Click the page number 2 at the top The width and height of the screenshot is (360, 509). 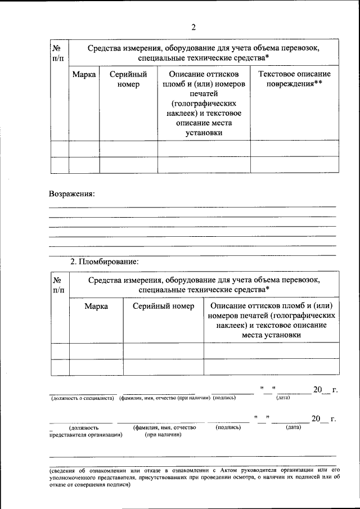[x=193, y=26]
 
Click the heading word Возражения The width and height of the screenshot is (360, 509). [x=71, y=193]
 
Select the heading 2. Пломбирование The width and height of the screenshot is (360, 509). [x=103, y=262]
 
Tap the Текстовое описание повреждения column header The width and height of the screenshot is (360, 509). [x=294, y=79]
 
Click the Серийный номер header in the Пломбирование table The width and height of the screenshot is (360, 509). [x=163, y=306]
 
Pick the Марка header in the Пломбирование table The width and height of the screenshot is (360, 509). [x=96, y=306]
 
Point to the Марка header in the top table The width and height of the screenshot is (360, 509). [x=84, y=74]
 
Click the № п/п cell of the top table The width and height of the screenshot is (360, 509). [x=59, y=53]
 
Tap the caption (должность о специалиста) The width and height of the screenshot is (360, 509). [x=83, y=398]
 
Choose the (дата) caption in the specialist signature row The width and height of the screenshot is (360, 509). [x=283, y=398]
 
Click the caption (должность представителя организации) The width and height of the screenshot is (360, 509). [x=86, y=431]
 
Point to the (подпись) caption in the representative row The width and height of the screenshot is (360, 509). [x=228, y=427]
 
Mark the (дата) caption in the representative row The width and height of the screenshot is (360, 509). [x=293, y=427]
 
